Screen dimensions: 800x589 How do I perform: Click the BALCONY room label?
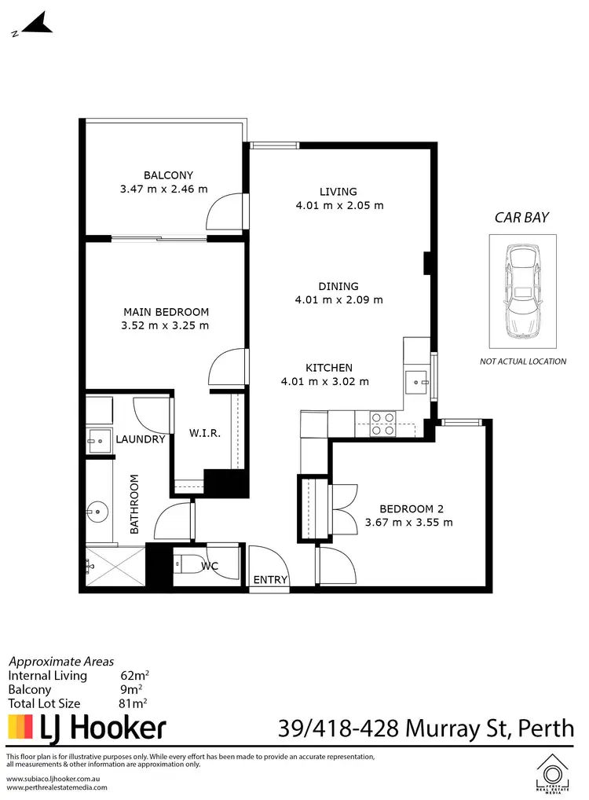point(168,175)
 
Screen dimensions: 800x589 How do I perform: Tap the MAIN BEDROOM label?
point(166,311)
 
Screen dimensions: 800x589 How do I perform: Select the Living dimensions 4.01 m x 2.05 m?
point(338,206)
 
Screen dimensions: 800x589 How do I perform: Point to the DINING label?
point(338,286)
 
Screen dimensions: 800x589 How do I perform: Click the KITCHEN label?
point(329,368)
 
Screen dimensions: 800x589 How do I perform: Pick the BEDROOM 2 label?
point(409,508)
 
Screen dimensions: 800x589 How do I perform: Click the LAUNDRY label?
point(141,439)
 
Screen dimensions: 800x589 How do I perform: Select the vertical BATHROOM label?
point(134,504)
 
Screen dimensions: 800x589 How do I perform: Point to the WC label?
point(209,566)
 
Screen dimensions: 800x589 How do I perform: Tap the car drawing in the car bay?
point(522,291)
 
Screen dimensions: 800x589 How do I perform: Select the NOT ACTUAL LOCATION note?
point(523,361)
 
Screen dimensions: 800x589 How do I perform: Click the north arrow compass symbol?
point(34,24)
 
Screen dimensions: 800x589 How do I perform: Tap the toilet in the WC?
point(183,563)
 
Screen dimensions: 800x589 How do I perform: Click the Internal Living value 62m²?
point(136,675)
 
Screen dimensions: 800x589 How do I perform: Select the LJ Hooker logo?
point(87,727)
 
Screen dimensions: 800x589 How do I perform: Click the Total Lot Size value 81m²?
point(134,703)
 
